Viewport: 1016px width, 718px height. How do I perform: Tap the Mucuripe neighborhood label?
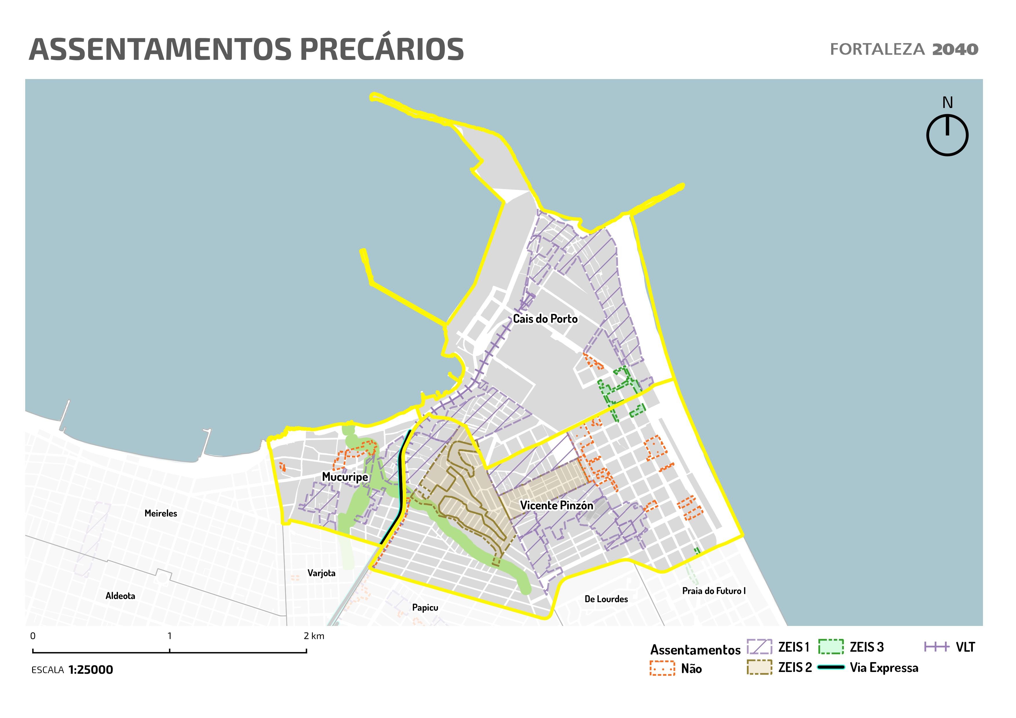point(345,477)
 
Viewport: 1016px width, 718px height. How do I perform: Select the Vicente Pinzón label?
point(556,505)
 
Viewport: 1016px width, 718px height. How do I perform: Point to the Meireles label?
point(160,513)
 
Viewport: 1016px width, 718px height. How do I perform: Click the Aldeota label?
point(120,596)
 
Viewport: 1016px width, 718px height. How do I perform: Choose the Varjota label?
point(321,574)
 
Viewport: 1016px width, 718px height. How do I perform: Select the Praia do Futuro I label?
point(713,591)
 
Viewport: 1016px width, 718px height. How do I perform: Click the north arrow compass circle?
point(947,135)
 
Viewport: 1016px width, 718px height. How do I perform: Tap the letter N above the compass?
point(947,102)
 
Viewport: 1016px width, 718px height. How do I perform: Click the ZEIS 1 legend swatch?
point(759,647)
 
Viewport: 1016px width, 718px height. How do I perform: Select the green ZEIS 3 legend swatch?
point(831,647)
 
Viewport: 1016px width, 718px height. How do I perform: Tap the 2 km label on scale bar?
point(314,636)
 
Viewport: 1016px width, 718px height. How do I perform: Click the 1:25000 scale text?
point(90,670)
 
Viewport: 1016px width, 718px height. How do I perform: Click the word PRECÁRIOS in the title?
point(382,50)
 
